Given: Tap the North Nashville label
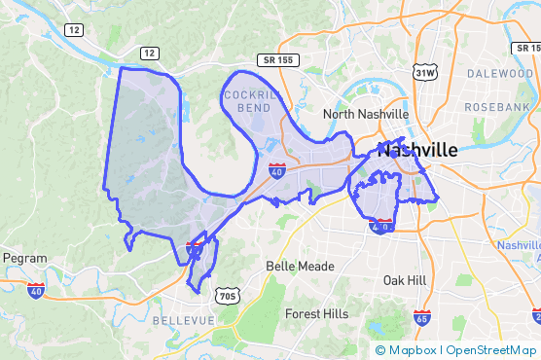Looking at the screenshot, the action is pyautogui.click(x=366, y=114).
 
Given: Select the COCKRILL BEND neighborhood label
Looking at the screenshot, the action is pyautogui.click(x=252, y=101).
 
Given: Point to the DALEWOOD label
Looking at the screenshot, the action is pyautogui.click(x=499, y=73).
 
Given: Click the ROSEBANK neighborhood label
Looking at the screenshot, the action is pyautogui.click(x=496, y=106).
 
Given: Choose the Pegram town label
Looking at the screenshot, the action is pyautogui.click(x=25, y=258).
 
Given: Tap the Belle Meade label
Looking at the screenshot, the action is pyautogui.click(x=300, y=266).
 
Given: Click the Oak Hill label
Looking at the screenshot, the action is pyautogui.click(x=405, y=280).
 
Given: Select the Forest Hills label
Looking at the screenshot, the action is pyautogui.click(x=316, y=314).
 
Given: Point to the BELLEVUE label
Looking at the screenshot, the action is pyautogui.click(x=183, y=319).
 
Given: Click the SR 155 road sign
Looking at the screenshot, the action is pyautogui.click(x=278, y=60).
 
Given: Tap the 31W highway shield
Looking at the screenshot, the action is pyautogui.click(x=425, y=72).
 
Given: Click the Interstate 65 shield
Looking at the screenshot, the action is pyautogui.click(x=421, y=318).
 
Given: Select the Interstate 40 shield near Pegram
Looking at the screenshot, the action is pyautogui.click(x=36, y=290).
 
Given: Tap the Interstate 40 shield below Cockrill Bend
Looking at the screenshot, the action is pyautogui.click(x=277, y=171).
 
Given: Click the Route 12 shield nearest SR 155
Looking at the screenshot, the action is pyautogui.click(x=148, y=52).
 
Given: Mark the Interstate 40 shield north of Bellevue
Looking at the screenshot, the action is pyautogui.click(x=194, y=249).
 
